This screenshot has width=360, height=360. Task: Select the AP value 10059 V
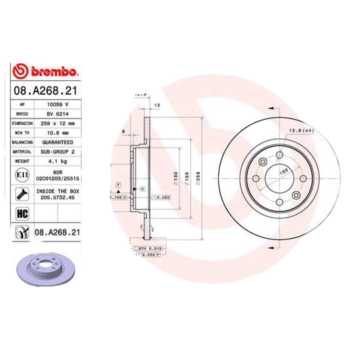(x=57, y=104)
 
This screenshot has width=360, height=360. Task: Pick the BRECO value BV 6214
(x=57, y=113)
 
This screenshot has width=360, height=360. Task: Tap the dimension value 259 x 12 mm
(x=57, y=123)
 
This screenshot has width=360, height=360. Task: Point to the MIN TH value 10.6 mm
(x=57, y=132)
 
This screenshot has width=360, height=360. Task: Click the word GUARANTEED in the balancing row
(x=57, y=142)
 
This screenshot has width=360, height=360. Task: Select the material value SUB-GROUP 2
(x=57, y=151)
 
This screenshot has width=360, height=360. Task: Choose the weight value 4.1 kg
(x=57, y=161)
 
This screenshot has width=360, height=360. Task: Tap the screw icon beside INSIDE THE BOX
(x=21, y=194)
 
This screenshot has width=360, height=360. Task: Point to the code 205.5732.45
(x=57, y=197)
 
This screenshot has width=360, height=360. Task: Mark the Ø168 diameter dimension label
(x=186, y=179)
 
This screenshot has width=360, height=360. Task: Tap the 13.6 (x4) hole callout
(x=301, y=130)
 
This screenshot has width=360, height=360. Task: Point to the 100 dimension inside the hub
(x=283, y=171)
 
